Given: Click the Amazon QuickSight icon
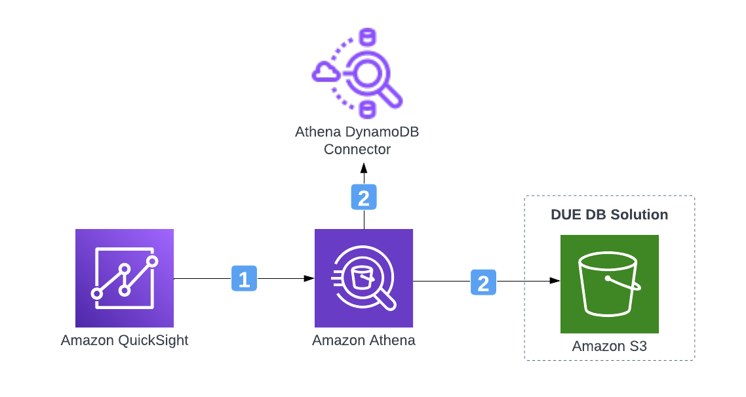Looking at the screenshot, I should pyautogui.click(x=125, y=278).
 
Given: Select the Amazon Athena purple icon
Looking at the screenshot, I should pyautogui.click(x=364, y=278).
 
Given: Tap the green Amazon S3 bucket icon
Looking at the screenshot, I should pyautogui.click(x=610, y=284).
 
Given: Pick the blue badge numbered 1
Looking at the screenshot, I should pyautogui.click(x=244, y=279).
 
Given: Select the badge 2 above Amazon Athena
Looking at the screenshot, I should pyautogui.click(x=364, y=197).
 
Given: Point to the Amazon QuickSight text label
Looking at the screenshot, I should pyautogui.click(x=125, y=341).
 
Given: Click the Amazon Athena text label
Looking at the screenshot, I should pyautogui.click(x=364, y=341).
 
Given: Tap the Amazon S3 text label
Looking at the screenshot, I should pyautogui.click(x=610, y=346).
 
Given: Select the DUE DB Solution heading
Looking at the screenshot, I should pyautogui.click(x=610, y=215).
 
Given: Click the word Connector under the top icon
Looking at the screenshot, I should pyautogui.click(x=357, y=150).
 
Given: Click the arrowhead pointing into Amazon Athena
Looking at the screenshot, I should pyautogui.click(x=309, y=279).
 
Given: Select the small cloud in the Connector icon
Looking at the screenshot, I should pyautogui.click(x=324, y=72).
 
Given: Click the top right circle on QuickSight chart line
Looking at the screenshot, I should pyautogui.click(x=152, y=261).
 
